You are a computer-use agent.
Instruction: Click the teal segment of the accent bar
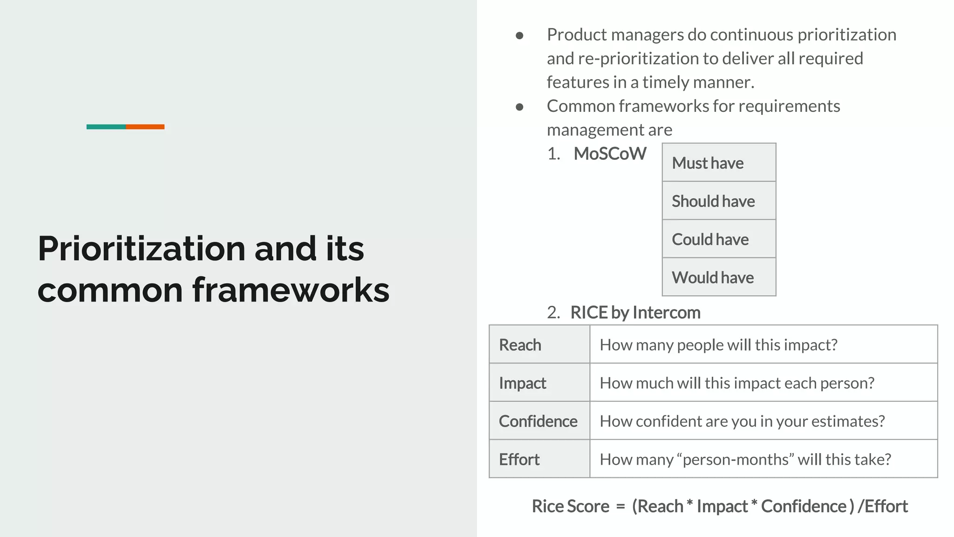(x=106, y=127)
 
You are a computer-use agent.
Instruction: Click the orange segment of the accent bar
(x=145, y=127)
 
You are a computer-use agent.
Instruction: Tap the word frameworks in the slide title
(x=291, y=290)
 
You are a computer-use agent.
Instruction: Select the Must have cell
(x=718, y=163)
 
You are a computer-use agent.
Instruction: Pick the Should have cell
(x=718, y=201)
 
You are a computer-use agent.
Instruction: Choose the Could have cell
(x=718, y=239)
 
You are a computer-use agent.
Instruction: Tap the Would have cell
(x=718, y=277)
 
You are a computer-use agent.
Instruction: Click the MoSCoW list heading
(x=610, y=154)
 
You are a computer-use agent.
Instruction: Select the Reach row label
(x=520, y=345)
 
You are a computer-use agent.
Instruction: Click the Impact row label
(x=522, y=383)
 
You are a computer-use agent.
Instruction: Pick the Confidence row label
(x=538, y=421)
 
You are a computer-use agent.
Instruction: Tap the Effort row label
(x=519, y=460)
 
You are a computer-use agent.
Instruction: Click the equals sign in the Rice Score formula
(x=620, y=507)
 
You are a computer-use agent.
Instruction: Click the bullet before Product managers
(x=520, y=35)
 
